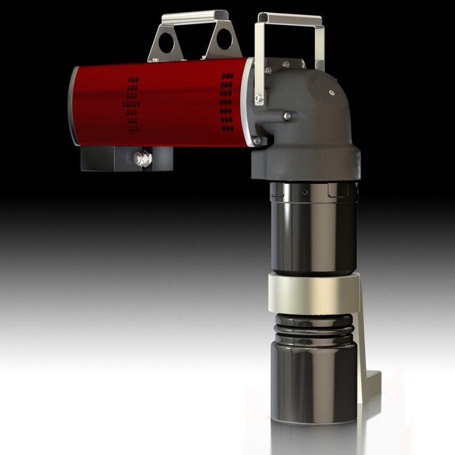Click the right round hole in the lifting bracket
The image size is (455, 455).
click(x=224, y=39)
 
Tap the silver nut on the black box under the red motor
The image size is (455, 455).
click(x=143, y=159)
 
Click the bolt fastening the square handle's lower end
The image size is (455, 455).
click(x=258, y=99)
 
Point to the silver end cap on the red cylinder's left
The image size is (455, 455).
click(x=73, y=107)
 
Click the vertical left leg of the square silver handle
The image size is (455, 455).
click(x=259, y=59)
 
